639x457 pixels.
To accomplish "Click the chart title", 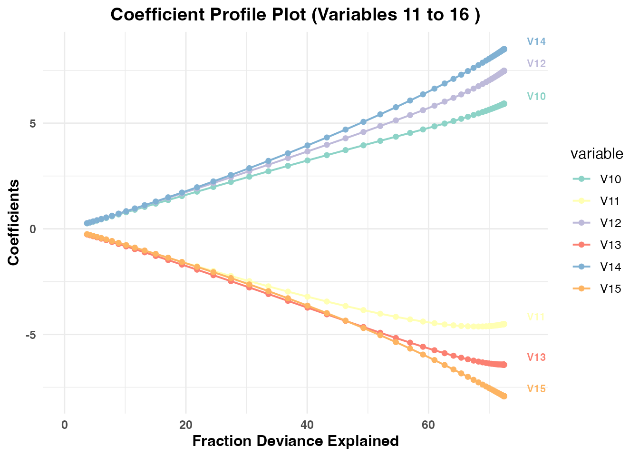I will pyautogui.click(x=295, y=15).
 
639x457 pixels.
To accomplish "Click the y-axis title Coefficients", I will pyautogui.click(x=14, y=222).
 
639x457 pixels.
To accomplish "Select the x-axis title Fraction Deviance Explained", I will pyautogui.click(x=295, y=441).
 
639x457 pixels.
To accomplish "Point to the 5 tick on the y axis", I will pyautogui.click(x=33, y=123).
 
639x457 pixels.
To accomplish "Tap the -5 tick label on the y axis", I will pyautogui.click(x=30, y=335).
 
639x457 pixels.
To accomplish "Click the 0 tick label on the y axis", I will pyautogui.click(x=33, y=229).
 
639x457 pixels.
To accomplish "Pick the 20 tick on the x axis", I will pyautogui.click(x=185, y=425).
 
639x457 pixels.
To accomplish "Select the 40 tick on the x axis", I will pyautogui.click(x=307, y=425).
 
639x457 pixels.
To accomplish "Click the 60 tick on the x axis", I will pyautogui.click(x=428, y=425).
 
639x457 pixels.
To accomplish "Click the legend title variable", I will pyautogui.click(x=597, y=154).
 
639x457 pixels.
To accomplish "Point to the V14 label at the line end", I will pyautogui.click(x=536, y=42).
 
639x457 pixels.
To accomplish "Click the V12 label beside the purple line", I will pyautogui.click(x=536, y=64).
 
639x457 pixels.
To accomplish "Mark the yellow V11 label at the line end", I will pyautogui.click(x=536, y=317).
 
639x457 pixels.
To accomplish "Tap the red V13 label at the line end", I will pyautogui.click(x=536, y=358).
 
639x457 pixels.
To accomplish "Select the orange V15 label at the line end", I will pyautogui.click(x=536, y=389).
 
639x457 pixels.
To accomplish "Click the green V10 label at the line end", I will pyautogui.click(x=536, y=97).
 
